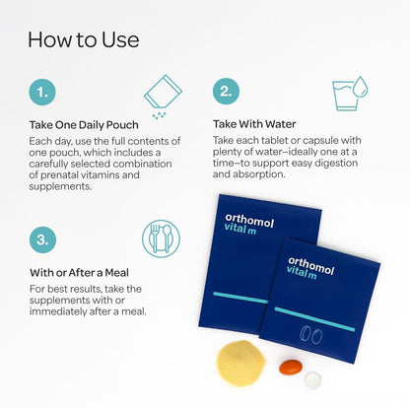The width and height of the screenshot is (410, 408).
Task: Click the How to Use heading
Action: tap(84, 39)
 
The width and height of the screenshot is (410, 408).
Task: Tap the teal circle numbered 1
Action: tap(42, 92)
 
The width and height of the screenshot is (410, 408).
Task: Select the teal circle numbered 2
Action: tap(226, 92)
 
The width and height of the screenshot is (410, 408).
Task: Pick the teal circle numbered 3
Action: tap(42, 239)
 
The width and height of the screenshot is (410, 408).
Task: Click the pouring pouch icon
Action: tap(163, 97)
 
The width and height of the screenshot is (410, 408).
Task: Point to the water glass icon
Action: tap(350, 94)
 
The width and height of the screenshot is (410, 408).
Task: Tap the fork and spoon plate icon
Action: tap(161, 238)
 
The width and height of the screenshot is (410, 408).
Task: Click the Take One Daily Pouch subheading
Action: tap(84, 125)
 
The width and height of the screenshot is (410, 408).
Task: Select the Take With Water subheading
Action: tap(254, 124)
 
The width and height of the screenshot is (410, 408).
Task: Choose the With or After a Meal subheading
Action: tap(79, 273)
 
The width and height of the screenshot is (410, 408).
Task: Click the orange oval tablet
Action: tap(291, 367)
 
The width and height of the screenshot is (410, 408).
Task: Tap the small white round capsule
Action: tap(312, 379)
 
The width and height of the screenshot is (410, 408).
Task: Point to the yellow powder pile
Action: tap(240, 363)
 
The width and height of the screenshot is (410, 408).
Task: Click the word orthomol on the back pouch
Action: tap(249, 221)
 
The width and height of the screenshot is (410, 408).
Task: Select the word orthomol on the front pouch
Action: tap(310, 266)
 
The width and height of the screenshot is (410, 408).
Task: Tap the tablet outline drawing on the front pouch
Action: tap(310, 335)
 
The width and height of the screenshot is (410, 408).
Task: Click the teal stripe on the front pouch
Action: tap(314, 319)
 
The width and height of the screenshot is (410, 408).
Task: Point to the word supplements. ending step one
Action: tap(60, 186)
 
